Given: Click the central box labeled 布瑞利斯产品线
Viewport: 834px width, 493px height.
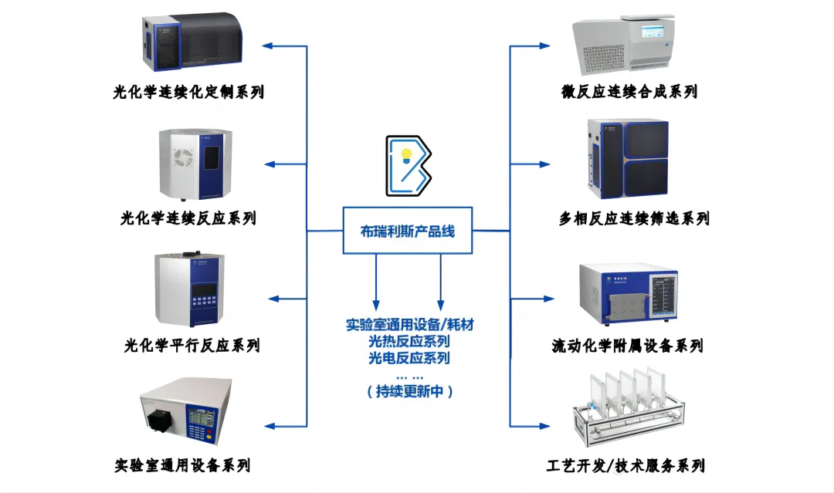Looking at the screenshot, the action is tap(408, 231).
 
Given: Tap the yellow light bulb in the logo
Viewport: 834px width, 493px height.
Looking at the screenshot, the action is tap(406, 156).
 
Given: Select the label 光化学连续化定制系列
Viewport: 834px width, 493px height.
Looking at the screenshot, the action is tap(188, 92).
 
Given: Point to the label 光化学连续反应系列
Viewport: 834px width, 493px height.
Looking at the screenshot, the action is tap(188, 218).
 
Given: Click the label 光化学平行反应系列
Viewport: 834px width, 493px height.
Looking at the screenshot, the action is tap(192, 346).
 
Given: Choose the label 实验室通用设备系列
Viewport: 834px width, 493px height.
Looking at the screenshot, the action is tap(182, 465).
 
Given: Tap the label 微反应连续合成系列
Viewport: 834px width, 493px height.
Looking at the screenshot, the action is tap(629, 91).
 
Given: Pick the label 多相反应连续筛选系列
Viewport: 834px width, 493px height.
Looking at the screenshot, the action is tap(634, 218).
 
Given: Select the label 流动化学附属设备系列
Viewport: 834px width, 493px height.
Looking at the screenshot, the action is tap(628, 346).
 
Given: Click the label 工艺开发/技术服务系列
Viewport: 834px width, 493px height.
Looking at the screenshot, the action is tap(625, 466).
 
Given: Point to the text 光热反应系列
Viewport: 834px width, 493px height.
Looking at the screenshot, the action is tap(409, 341).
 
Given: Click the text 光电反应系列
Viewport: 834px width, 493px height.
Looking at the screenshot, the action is tap(409, 357).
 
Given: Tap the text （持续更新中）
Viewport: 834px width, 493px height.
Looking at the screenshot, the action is tap(409, 391).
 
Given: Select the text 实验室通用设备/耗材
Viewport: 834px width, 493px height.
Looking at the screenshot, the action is tap(409, 324).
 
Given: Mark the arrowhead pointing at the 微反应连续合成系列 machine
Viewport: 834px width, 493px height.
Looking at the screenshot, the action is tap(544, 46).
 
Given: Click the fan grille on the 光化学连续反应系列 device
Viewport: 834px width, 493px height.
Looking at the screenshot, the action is tap(183, 158).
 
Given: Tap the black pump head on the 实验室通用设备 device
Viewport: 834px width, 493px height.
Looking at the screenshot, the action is tap(158, 420).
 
